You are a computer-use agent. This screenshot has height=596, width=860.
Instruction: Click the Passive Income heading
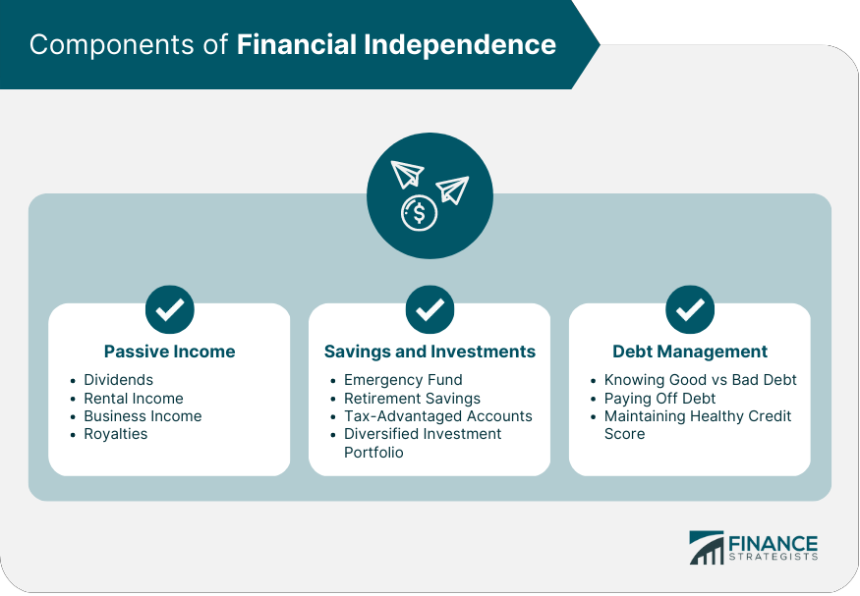pos(169,352)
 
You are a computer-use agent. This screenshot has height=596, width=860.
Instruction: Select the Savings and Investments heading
pos(430,352)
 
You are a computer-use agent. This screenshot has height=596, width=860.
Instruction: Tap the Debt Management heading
pos(690,352)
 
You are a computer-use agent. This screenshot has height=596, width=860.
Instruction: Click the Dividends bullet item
pos(118,380)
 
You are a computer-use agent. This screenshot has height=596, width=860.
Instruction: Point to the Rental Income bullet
pos(133,399)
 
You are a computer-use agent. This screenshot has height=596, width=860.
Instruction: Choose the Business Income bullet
pos(143,416)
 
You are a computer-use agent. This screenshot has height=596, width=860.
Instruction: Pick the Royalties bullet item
pos(115,434)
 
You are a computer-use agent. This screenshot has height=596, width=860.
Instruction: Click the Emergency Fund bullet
pos(403,380)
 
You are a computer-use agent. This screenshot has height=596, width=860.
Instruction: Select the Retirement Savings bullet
pos(412,399)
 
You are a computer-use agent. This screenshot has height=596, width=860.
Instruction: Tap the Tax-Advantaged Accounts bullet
pos(437,416)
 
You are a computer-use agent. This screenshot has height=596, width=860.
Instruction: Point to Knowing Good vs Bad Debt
pos(700,380)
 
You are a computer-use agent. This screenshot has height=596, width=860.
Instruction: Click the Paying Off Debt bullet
pos(659,399)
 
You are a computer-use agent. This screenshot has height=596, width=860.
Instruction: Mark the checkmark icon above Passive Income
pos(169,310)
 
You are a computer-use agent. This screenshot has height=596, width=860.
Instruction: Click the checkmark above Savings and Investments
pos(430,310)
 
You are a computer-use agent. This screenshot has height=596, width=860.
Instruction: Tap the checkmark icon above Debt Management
pos(690,310)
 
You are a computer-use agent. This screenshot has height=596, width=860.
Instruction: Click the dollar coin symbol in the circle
pos(420,212)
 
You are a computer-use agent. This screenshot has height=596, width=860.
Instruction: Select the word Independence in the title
pos(473,45)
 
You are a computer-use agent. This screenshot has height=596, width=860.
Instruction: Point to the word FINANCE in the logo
pos(773,544)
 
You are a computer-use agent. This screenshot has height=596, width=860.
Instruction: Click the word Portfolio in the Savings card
pos(373,453)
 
